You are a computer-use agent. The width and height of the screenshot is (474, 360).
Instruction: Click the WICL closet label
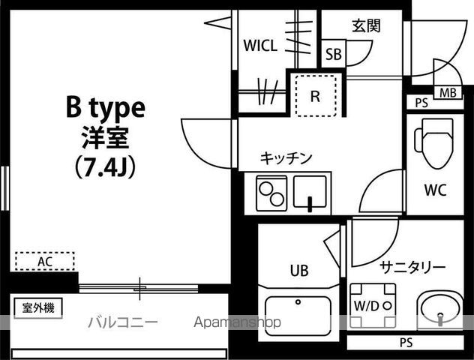pos(260,46)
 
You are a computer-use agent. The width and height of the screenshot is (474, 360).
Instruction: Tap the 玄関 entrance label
pos(366,25)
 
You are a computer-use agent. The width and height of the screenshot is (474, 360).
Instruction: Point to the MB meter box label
pos(448,93)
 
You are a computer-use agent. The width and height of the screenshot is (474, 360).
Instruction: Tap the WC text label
pos(434,190)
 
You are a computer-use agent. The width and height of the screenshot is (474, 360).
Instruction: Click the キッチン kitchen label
pos(286,157)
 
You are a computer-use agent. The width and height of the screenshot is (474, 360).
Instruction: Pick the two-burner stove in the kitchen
pos(270,193)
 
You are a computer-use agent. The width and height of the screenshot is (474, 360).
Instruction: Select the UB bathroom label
pos(298,270)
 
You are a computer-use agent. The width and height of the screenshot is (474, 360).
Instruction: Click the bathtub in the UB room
pos(298,316)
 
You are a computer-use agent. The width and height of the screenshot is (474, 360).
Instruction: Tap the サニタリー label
pos(412,267)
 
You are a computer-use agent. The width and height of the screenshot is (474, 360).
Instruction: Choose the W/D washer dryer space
pos(366,306)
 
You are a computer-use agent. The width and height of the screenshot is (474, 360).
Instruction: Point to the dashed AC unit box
pos(45,262)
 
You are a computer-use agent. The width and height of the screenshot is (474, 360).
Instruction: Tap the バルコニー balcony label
pos(122,322)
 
